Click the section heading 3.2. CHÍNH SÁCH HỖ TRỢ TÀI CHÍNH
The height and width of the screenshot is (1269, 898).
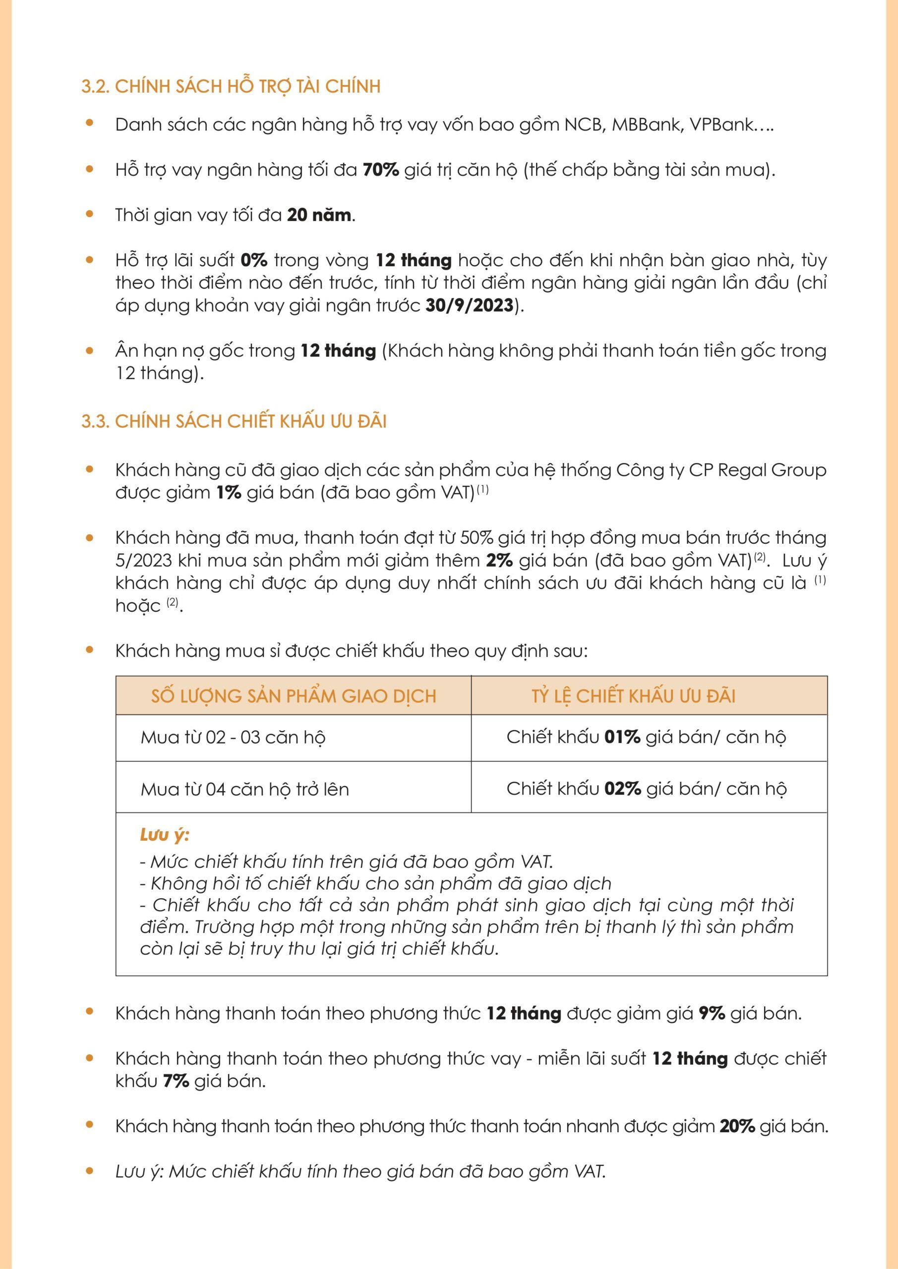point(231,86)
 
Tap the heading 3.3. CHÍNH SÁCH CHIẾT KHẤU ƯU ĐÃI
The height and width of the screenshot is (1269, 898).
point(234,421)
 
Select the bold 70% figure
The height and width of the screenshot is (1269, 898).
point(380,170)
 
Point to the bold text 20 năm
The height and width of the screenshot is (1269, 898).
point(319,215)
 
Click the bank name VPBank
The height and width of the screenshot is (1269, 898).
point(721,125)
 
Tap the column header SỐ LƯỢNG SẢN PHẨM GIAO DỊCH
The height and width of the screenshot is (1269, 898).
point(293,696)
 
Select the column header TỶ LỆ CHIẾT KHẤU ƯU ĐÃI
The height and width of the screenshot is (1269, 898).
point(633,696)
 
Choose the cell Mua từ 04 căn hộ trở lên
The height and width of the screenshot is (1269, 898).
point(244,789)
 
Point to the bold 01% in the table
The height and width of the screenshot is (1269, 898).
point(622,737)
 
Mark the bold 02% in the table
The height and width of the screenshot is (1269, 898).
point(622,789)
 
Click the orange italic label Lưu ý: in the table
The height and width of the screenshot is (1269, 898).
point(164,835)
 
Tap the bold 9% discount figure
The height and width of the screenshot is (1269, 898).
point(712,1014)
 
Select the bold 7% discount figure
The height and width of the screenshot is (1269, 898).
point(176,1081)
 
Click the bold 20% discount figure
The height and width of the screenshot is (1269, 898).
point(737,1126)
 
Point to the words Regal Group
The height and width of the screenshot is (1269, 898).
point(772,470)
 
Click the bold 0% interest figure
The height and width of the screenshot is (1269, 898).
point(254,260)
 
